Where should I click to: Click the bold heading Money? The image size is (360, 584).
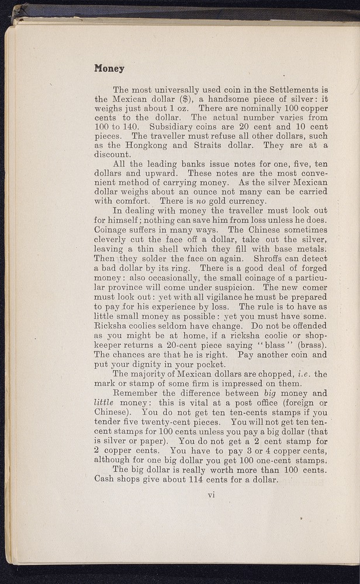(x=109, y=68)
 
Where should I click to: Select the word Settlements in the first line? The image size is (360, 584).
(x=292, y=90)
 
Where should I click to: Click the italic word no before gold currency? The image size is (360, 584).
(x=193, y=201)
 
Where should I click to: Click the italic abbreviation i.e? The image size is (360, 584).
(x=302, y=374)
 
